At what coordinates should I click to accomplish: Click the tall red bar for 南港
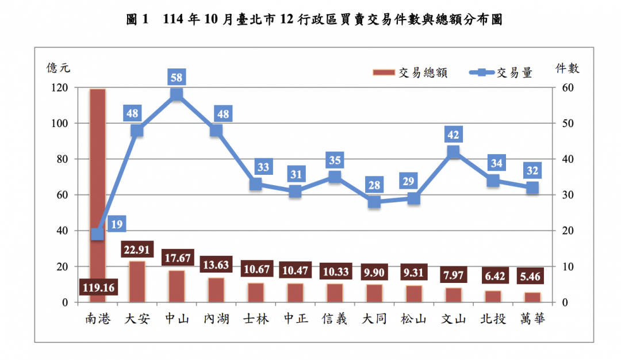[97, 173]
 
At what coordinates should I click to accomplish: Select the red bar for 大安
[137, 282]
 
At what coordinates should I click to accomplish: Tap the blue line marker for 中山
[177, 95]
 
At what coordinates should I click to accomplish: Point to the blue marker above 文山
[453, 152]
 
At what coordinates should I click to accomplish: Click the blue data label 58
[177, 76]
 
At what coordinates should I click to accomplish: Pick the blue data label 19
[116, 225]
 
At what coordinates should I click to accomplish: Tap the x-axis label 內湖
[216, 319]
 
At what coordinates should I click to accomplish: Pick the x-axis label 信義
[335, 319]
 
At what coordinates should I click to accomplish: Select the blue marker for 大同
[374, 202]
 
